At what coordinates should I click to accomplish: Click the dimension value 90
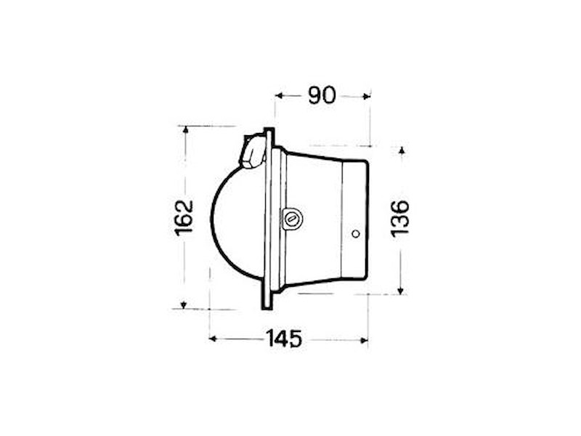[322, 95]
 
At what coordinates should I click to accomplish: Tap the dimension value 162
[184, 218]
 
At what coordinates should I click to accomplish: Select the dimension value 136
[399, 219]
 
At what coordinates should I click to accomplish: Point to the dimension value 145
[283, 338]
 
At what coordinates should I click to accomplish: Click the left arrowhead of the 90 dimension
[280, 96]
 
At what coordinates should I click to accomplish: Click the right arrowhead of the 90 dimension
[367, 97]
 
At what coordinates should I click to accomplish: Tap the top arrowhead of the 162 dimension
[186, 129]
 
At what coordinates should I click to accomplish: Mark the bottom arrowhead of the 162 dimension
[183, 305]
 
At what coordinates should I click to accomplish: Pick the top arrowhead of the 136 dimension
[402, 150]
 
